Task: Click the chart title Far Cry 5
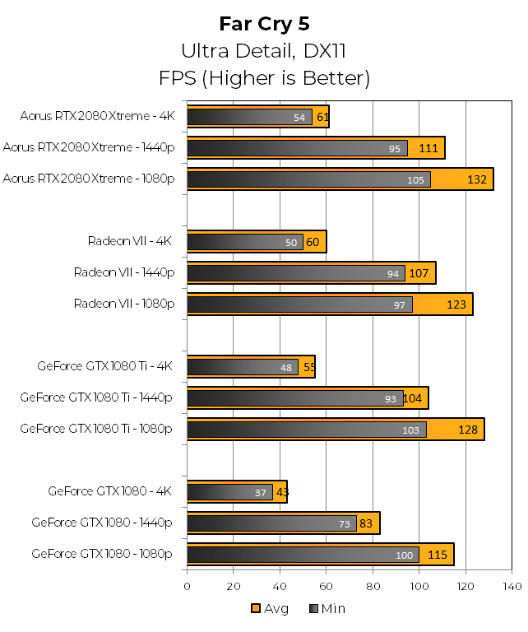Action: [x=264, y=23]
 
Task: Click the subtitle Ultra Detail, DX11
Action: [x=264, y=51]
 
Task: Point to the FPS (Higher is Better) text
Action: [x=264, y=78]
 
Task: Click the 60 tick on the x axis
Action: [x=327, y=586]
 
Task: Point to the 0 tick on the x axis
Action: [x=187, y=586]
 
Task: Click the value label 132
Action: [x=478, y=180]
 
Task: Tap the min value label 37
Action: [x=261, y=493]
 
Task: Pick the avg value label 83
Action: [x=368, y=524]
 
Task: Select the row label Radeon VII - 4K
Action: [x=130, y=241]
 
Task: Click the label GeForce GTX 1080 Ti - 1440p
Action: [x=96, y=397]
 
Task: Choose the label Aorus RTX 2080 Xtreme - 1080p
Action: [x=89, y=178]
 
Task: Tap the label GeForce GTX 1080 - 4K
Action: [x=109, y=491]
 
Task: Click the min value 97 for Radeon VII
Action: [x=401, y=305]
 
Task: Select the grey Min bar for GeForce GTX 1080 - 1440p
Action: [x=271, y=524]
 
